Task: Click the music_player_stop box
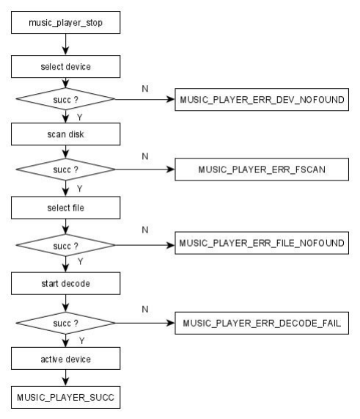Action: (66, 23)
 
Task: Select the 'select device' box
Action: (66, 67)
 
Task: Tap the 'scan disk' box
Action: (66, 134)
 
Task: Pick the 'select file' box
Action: (66, 208)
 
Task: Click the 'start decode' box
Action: (66, 283)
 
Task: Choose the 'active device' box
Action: (66, 359)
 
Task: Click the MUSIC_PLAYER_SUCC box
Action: (66, 398)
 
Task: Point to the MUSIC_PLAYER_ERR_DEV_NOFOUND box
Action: (262, 99)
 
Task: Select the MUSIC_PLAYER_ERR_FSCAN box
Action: (262, 170)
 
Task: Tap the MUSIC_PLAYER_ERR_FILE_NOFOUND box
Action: (262, 243)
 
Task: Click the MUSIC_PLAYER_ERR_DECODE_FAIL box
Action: (262, 323)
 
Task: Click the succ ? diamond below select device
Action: (66, 99)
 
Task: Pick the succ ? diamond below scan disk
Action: (66, 170)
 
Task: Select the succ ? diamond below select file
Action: (66, 245)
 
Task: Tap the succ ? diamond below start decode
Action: (66, 323)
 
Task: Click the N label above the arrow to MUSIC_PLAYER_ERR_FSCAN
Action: (145, 156)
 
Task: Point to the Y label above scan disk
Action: (80, 117)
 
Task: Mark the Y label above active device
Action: (81, 340)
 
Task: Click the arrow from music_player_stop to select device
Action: (66, 44)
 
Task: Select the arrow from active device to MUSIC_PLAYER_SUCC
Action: (66, 378)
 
